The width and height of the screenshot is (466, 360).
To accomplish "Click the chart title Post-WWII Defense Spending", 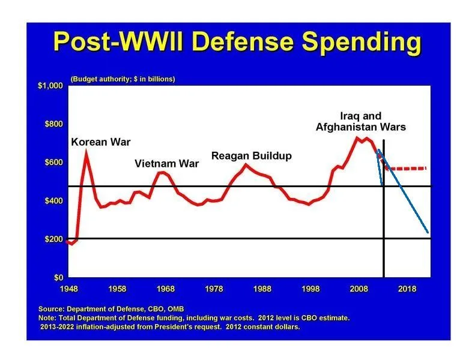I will point(237,42).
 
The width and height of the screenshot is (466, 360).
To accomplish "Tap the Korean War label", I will point(100,142).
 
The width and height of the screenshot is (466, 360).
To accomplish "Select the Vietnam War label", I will point(166,163).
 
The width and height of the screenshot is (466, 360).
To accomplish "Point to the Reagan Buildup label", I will point(251,156).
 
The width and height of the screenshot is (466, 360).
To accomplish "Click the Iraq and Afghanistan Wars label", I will point(360,121).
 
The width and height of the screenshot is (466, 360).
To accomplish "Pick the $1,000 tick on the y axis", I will point(50,86).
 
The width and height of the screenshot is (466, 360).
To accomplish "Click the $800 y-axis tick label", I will point(53,124).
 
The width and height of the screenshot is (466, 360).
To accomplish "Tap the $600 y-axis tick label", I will point(53,163).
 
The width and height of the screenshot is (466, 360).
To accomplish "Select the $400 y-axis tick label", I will point(53,200).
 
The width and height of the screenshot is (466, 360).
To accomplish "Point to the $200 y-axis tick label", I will point(53,239).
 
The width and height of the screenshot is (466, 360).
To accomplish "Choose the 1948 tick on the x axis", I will point(69,289).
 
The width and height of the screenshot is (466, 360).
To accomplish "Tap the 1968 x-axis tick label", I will point(166,289).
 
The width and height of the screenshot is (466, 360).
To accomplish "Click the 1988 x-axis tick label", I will point(262,289).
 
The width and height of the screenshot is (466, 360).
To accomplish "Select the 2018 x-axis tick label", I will point(407,289).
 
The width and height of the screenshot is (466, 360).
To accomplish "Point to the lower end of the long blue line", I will point(428,232).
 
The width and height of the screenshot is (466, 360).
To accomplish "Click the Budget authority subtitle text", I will point(123,79).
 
